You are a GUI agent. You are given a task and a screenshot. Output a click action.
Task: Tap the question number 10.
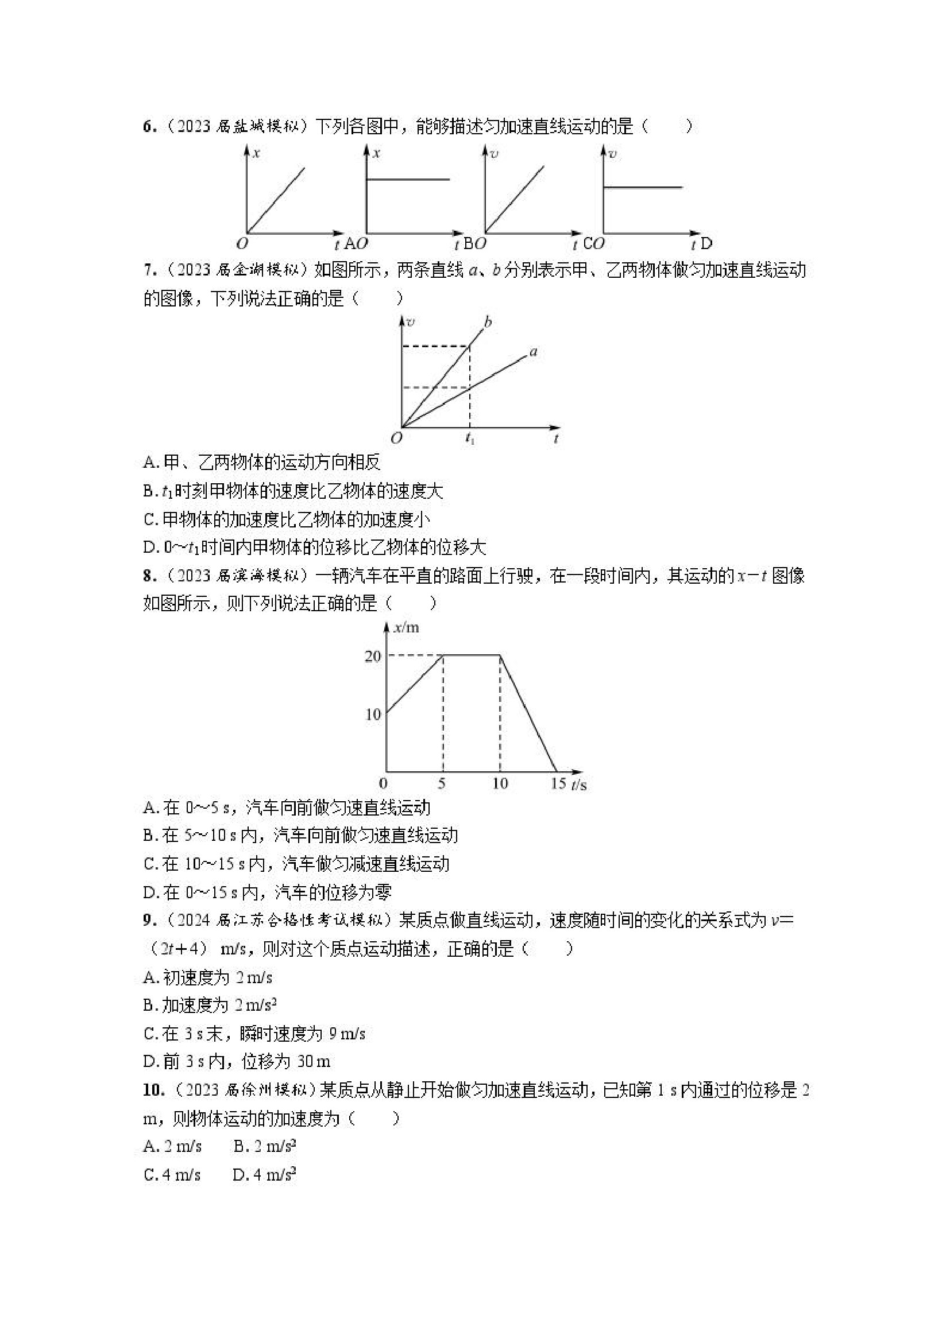(152, 1090)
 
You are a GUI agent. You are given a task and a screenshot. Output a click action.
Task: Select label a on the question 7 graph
(533, 352)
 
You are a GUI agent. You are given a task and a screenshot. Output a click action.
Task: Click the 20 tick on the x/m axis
(373, 657)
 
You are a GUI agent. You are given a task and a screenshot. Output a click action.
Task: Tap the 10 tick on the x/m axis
(373, 714)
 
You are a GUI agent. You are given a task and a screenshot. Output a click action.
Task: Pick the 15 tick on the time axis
(558, 784)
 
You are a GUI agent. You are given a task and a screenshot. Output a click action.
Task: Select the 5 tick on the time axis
(442, 784)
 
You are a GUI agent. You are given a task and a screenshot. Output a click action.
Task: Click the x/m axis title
(407, 628)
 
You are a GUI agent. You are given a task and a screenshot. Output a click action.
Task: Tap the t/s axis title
(579, 785)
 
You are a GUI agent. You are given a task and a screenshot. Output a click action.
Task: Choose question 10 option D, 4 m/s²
(264, 1174)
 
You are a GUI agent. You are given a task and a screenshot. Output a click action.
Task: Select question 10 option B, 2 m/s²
(265, 1147)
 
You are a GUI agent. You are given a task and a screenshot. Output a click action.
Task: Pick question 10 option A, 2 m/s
(173, 1147)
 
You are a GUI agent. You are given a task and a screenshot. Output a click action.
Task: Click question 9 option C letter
(149, 1034)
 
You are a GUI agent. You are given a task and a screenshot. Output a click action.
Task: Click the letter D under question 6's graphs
(706, 243)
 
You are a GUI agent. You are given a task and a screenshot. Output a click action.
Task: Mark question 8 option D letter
(149, 892)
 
